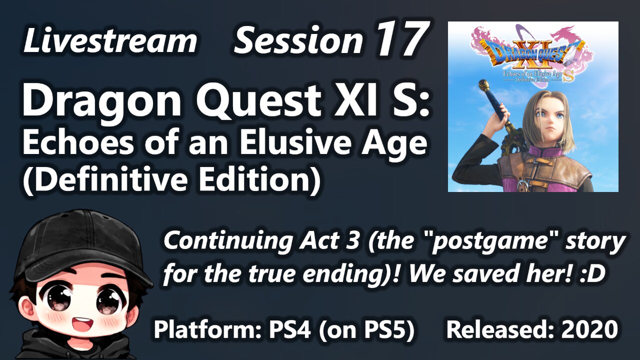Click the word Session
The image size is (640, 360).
click(298, 41)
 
